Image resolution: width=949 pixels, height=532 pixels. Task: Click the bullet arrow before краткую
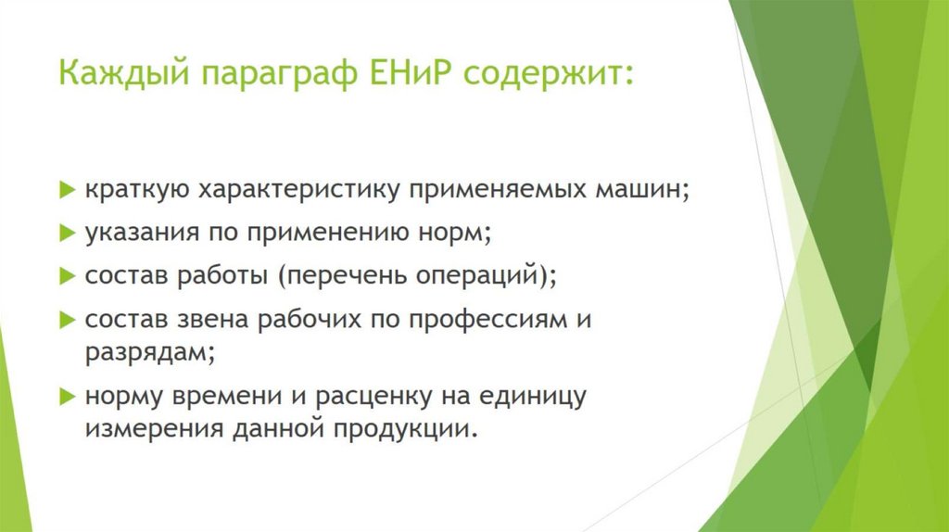[x=67, y=189]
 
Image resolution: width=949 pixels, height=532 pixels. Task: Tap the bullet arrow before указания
[x=67, y=233]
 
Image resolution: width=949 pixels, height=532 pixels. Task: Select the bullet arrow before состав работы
[x=67, y=276]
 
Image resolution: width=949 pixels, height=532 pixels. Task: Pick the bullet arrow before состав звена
[x=67, y=320]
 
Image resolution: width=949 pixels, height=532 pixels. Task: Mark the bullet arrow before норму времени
[x=67, y=397]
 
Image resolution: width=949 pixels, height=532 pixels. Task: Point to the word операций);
[x=486, y=276]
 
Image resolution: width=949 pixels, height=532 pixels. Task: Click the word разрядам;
[x=150, y=353]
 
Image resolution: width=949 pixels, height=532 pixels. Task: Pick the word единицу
[x=533, y=398]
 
